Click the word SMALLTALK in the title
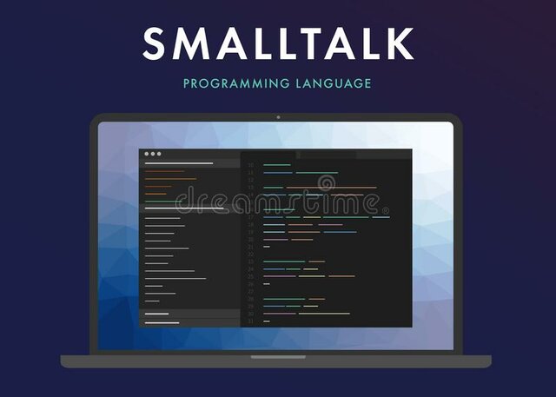tap(278, 43)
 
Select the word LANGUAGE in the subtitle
tap(335, 83)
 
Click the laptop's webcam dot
tap(277, 116)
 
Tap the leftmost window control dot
tap(146, 154)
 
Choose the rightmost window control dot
tap(159, 154)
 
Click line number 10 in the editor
tap(251, 164)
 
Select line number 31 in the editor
tap(251, 321)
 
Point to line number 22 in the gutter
tap(251, 254)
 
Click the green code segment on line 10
tap(277, 164)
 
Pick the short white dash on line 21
tap(267, 247)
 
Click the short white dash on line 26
tap(267, 284)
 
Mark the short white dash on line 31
tap(267, 321)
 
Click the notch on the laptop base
tap(277, 356)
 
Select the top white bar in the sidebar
tap(179, 162)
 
